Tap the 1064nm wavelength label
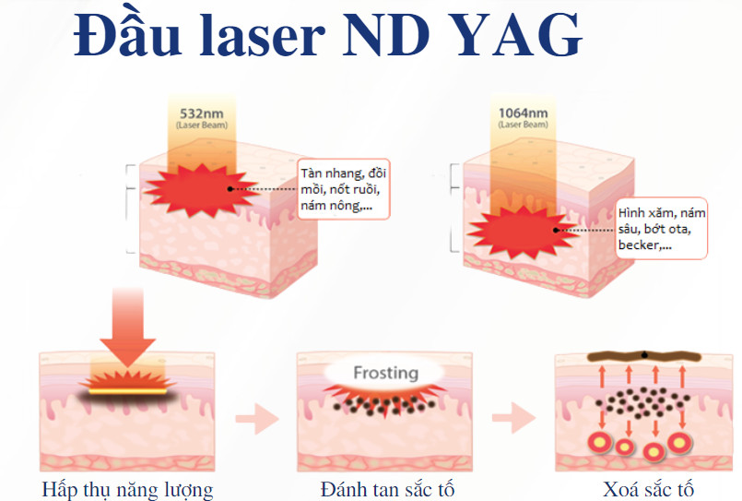coord(523,113)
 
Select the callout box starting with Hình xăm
coord(662,229)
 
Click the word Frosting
coord(386,374)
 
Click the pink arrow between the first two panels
coord(256,421)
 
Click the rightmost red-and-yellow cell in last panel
coord(680,442)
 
